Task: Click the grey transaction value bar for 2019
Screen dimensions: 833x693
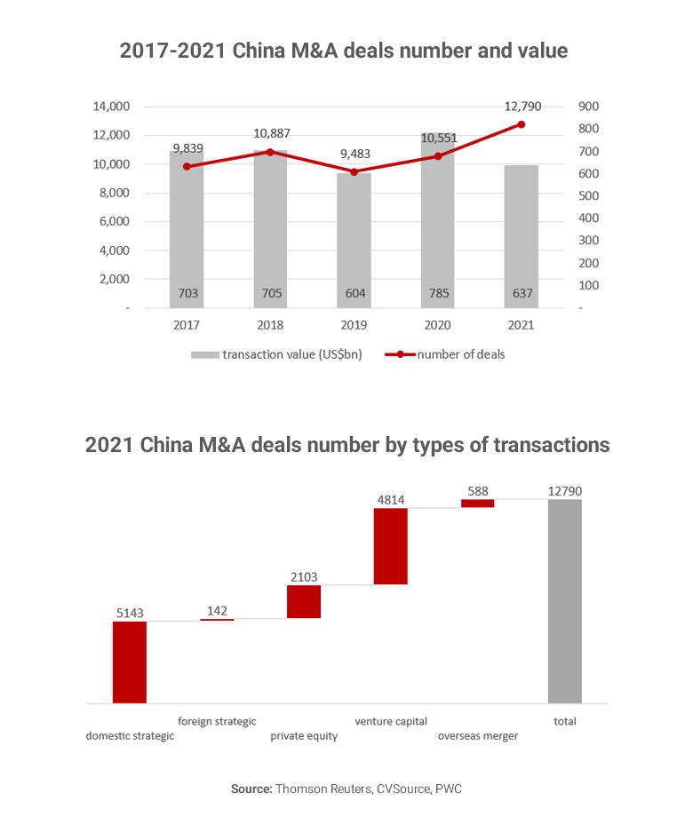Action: [x=354, y=240]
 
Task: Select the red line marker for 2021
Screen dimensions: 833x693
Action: [x=522, y=124]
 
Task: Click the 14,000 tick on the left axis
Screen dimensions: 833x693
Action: [x=111, y=107]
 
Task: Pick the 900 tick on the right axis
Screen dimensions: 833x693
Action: [x=589, y=107]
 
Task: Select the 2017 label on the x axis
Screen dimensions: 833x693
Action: [x=187, y=325]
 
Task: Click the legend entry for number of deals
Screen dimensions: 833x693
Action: [x=444, y=354]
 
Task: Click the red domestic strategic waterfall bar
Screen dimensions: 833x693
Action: [x=129, y=662]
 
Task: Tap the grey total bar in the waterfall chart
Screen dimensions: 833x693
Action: [x=564, y=601]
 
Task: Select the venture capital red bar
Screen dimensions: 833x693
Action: [x=390, y=546]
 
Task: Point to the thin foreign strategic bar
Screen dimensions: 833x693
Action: [x=217, y=619]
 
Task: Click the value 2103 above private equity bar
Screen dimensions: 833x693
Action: [x=303, y=577]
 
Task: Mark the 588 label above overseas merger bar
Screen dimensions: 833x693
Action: [x=477, y=491]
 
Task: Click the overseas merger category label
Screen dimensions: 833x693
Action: [x=477, y=736]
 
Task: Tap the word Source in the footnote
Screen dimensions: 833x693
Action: [x=251, y=789]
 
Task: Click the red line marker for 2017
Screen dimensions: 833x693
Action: [x=187, y=166]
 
